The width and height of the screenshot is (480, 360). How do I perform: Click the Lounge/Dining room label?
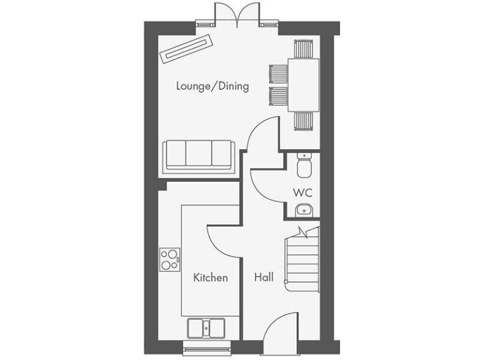(212, 86)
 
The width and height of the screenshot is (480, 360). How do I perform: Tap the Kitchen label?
(210, 277)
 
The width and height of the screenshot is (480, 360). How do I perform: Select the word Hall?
(263, 277)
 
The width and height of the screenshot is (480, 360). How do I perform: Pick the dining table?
(303, 84)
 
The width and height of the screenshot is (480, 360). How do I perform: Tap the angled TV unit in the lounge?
(186, 48)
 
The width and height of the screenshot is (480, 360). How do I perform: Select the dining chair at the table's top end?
(304, 48)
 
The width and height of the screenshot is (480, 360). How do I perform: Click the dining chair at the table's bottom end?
(304, 121)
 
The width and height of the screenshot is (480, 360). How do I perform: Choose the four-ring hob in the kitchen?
(169, 259)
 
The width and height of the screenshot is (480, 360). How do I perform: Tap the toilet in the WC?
(303, 165)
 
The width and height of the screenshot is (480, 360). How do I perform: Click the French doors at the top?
(236, 14)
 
